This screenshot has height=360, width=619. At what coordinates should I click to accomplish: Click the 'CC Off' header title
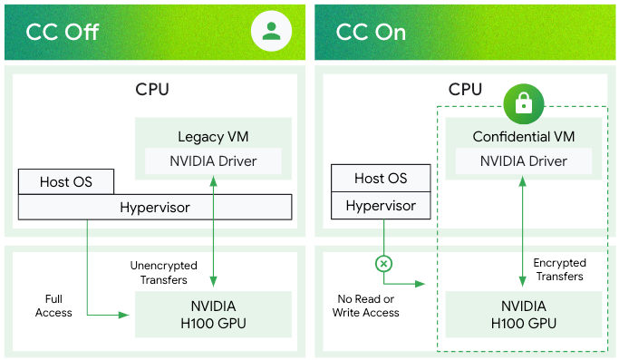62,33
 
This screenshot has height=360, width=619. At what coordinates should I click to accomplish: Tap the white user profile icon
270,31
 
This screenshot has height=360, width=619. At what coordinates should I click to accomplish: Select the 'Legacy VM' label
213,138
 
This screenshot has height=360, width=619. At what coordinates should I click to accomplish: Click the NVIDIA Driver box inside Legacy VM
213,161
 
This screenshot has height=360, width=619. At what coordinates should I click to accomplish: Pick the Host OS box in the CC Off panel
66,181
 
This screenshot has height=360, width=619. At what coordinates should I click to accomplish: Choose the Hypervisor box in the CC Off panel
155,208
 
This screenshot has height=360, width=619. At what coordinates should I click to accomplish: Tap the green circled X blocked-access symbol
383,263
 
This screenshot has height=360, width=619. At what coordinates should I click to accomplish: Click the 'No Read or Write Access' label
366,306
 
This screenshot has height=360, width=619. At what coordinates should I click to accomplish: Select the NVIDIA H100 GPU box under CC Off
213,314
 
